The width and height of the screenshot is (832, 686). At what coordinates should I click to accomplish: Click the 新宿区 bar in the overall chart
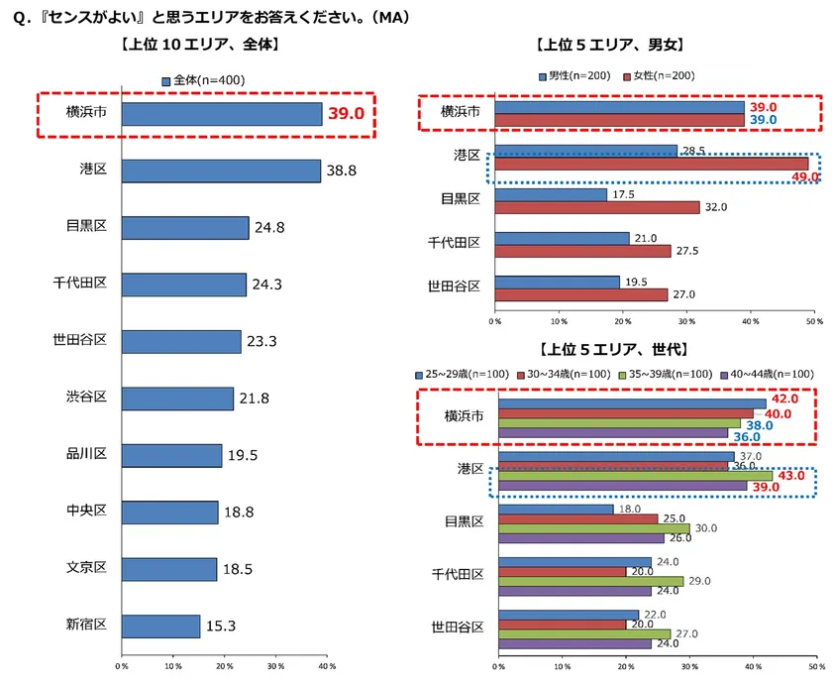click(159, 626)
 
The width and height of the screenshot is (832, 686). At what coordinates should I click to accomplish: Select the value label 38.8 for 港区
click(342, 171)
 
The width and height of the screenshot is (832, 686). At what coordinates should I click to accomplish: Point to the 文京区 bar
click(168, 569)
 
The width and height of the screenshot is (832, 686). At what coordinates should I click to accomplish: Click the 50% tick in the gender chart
click(811, 320)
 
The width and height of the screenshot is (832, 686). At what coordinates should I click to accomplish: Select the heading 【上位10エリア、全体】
click(198, 45)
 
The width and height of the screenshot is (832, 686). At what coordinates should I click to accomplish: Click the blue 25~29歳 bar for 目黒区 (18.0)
click(556, 510)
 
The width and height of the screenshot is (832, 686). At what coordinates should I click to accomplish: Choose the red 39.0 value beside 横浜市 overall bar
click(347, 114)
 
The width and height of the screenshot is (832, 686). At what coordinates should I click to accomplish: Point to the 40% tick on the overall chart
click(325, 665)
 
